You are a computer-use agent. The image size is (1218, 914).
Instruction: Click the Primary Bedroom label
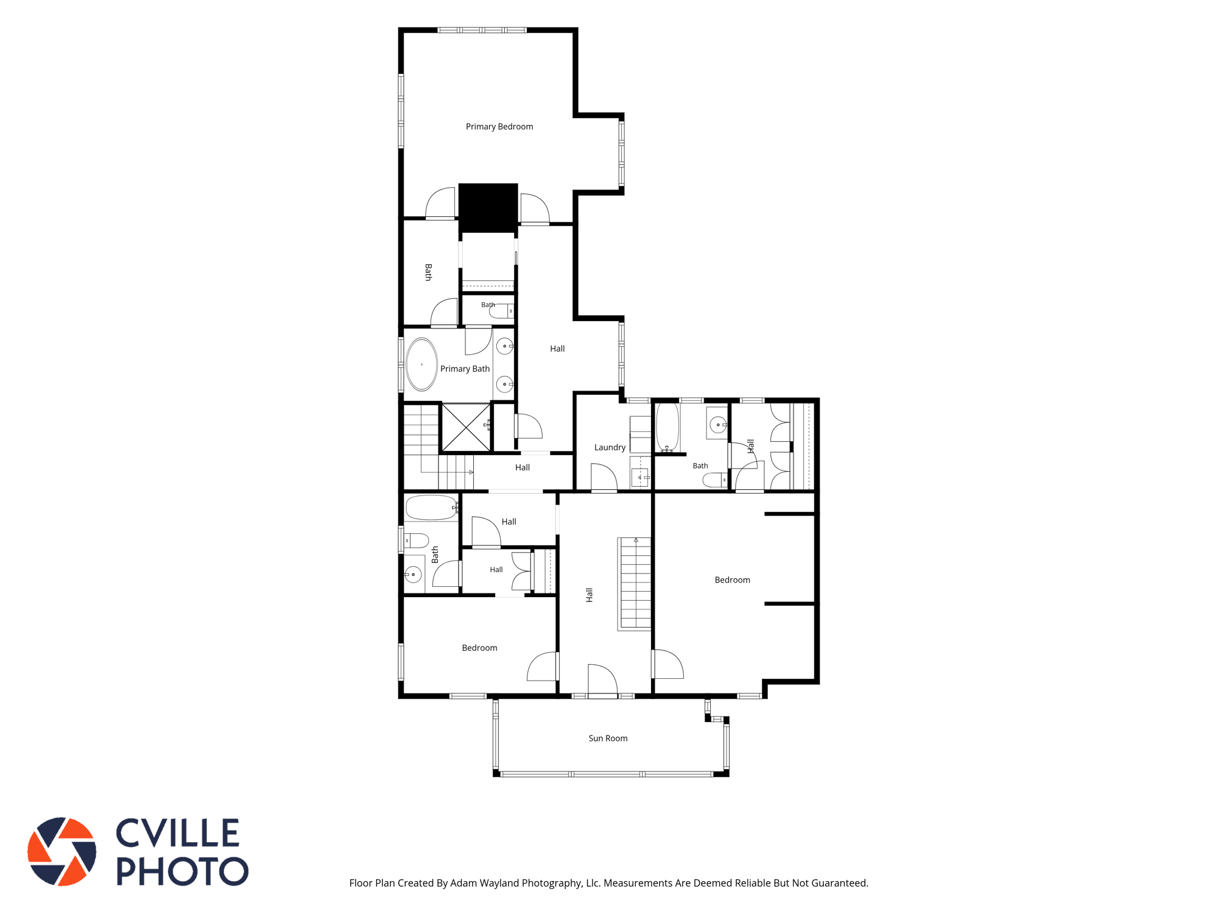tap(499, 127)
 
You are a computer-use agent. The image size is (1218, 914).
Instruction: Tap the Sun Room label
tap(608, 739)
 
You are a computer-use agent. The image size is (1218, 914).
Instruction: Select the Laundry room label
tap(610, 447)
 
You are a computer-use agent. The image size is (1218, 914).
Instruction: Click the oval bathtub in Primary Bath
tap(421, 364)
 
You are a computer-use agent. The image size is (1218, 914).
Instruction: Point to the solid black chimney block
tap(488, 208)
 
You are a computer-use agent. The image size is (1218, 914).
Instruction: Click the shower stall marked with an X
tap(466, 427)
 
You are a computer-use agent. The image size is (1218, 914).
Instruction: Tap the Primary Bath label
tap(465, 369)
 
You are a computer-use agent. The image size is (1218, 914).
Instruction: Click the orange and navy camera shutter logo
tap(62, 851)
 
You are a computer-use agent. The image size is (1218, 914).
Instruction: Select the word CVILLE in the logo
tap(177, 833)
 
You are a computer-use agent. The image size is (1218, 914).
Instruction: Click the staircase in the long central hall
tap(635, 584)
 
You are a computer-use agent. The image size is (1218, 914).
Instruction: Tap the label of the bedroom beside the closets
tap(732, 580)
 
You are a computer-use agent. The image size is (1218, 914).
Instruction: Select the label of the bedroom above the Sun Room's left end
tap(479, 648)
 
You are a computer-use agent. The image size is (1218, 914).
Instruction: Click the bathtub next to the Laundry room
tap(667, 427)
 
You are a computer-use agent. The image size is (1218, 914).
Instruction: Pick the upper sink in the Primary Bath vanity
tap(505, 346)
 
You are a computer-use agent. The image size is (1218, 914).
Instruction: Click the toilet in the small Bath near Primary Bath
tap(502, 311)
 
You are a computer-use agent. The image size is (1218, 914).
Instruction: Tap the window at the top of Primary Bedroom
tap(482, 30)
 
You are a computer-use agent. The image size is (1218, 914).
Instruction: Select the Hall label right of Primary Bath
tap(557, 349)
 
